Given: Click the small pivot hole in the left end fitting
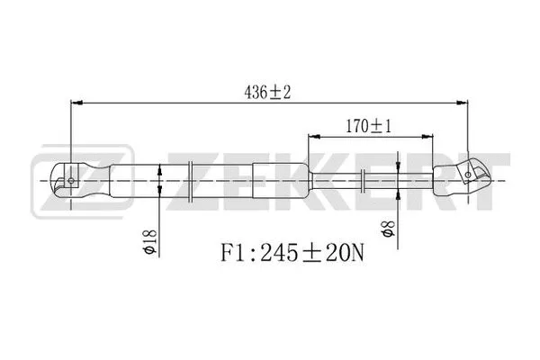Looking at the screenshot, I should click(x=71, y=180).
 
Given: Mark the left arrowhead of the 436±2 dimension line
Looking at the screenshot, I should click(x=76, y=103).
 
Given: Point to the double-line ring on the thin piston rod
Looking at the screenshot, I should click(x=363, y=180).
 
